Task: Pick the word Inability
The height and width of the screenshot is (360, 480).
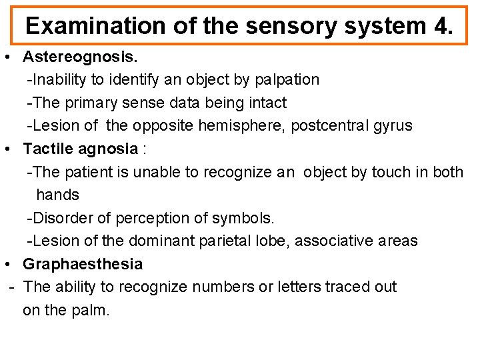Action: tap(58, 80)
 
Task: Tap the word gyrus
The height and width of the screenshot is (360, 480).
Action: tap(392, 125)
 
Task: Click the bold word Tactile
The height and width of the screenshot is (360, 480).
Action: tap(47, 149)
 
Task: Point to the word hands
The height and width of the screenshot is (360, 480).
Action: tap(57, 195)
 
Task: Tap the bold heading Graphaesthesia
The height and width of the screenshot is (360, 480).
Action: tap(83, 264)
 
